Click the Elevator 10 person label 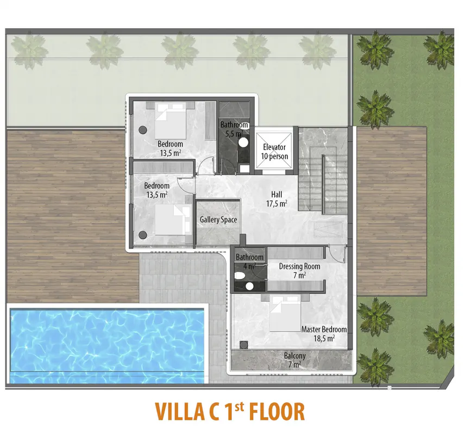[274, 152]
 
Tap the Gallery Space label [218, 220]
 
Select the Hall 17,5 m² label [277, 199]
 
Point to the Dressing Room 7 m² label [299, 271]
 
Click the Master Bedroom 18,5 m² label [324, 334]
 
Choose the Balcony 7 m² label [294, 360]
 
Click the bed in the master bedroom [285, 313]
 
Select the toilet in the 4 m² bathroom [240, 275]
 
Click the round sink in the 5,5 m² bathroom [243, 142]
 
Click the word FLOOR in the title [277, 412]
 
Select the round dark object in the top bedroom [142, 130]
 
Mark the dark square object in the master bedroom [243, 345]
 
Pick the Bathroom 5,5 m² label [234, 129]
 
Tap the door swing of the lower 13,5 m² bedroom [186, 184]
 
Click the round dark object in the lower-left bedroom [143, 235]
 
